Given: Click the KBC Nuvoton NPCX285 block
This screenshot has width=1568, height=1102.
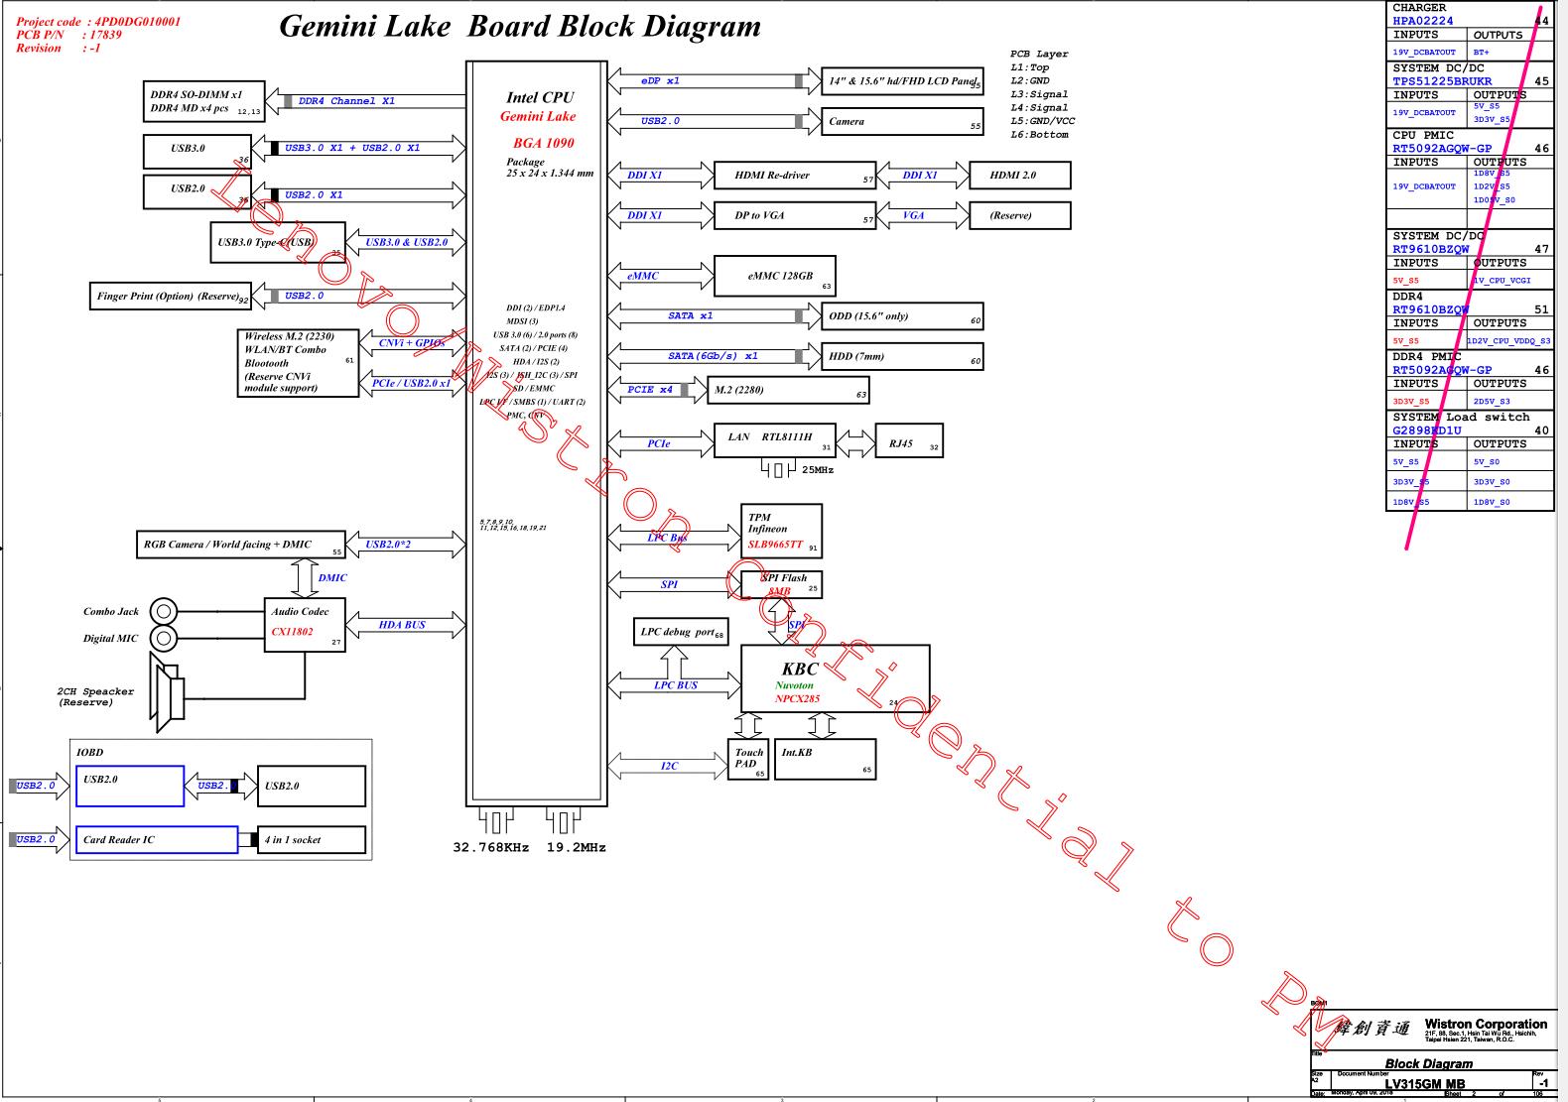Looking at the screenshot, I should (x=835, y=678).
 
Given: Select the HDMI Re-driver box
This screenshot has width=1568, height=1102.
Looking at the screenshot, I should (x=794, y=176).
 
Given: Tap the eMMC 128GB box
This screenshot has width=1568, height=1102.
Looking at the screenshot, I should (x=774, y=276).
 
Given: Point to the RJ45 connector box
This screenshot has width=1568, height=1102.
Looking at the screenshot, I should (x=908, y=441).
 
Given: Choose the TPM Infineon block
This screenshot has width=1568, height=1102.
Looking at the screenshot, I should (x=782, y=531).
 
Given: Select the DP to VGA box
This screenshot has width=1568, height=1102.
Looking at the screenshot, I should (x=794, y=215).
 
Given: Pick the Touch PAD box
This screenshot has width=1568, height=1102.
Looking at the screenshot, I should (x=748, y=760).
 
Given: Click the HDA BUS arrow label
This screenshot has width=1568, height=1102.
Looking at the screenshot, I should (x=402, y=625).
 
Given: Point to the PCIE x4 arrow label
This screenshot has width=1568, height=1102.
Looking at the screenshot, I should (x=650, y=390).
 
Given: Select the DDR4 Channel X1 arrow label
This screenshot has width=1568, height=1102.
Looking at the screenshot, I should (x=346, y=101).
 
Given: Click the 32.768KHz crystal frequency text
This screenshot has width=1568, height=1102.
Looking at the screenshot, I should (x=491, y=848).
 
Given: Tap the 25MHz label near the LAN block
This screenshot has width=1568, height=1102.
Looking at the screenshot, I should (x=818, y=469).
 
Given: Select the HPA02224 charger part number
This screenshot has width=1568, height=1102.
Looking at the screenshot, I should (x=1422, y=21).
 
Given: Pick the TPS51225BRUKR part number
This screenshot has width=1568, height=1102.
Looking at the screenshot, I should (x=1442, y=81).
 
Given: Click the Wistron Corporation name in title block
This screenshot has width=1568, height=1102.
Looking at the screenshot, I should (x=1485, y=1024).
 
